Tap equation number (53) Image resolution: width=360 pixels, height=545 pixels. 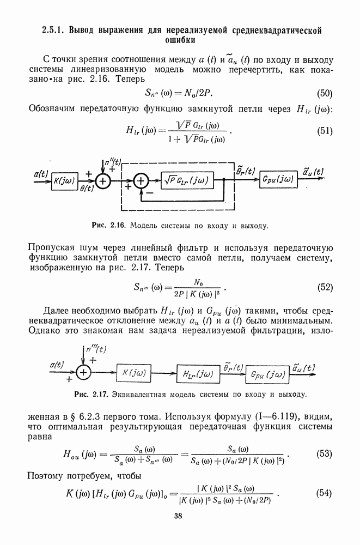(325, 454)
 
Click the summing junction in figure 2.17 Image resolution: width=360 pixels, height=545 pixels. (83, 373)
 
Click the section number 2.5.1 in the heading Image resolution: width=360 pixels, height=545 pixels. (54, 29)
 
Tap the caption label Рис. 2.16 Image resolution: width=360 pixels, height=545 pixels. (110, 225)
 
